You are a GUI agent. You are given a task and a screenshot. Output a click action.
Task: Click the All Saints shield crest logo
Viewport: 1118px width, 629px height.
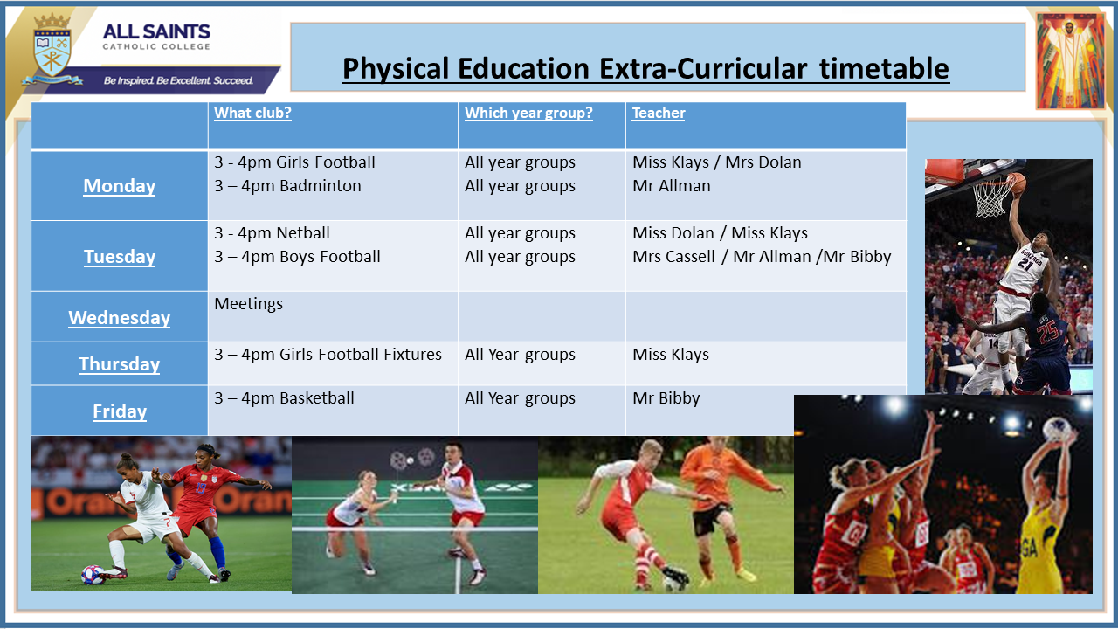(52, 49)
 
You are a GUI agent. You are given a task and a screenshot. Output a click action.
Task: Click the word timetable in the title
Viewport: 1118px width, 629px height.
(884, 68)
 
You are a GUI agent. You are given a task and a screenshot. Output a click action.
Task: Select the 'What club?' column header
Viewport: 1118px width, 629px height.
(252, 113)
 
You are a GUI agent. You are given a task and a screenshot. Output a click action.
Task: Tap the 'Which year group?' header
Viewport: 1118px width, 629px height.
(528, 113)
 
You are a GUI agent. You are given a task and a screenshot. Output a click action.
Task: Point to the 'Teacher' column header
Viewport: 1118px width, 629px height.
(659, 113)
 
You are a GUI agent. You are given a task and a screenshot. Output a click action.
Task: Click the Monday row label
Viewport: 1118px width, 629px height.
(120, 186)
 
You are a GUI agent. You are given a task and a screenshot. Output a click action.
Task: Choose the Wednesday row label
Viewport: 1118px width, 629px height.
(120, 318)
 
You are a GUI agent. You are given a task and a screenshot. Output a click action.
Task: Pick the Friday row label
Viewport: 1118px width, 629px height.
(120, 411)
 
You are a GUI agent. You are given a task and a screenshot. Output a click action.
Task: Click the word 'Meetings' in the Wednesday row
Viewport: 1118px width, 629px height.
(249, 303)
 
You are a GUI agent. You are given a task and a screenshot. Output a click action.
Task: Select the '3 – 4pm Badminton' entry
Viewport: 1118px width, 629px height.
(287, 186)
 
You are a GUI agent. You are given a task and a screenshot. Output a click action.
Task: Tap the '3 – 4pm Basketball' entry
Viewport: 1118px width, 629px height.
(284, 397)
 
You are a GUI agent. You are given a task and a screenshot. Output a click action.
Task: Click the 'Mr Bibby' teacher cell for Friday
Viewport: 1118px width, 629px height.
(666, 397)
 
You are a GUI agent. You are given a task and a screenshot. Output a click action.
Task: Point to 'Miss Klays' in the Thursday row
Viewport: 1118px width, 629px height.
(670, 355)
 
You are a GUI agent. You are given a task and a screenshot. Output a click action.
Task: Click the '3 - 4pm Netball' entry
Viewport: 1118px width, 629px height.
(272, 232)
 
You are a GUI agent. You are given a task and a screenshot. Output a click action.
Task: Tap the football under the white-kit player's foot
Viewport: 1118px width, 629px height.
(93, 575)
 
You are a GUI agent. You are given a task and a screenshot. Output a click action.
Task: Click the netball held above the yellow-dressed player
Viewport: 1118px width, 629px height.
(1057, 429)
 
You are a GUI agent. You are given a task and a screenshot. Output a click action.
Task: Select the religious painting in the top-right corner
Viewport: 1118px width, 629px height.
(1070, 60)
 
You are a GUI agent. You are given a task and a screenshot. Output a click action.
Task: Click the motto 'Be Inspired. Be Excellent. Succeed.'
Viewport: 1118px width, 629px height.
(178, 80)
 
